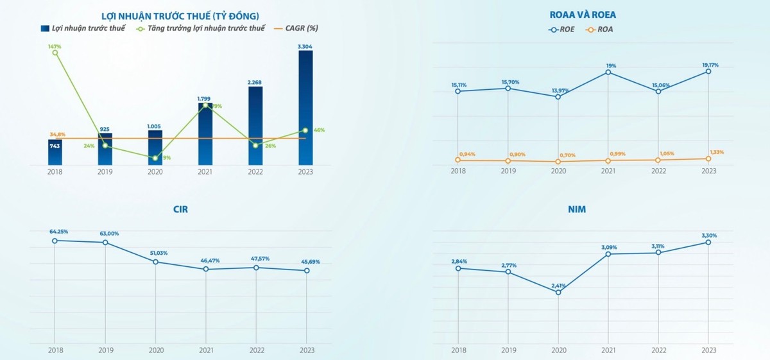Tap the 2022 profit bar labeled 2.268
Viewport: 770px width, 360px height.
(255, 125)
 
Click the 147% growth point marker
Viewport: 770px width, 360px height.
(55, 53)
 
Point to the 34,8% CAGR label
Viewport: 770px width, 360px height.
(58, 133)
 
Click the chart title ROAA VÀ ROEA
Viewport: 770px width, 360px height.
(583, 14)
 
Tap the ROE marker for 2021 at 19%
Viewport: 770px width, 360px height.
(608, 72)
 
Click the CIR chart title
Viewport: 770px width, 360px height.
(181, 209)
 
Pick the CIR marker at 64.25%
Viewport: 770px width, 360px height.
(55, 241)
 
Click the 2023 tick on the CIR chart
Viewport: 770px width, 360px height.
(306, 350)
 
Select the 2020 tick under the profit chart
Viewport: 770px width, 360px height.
(155, 172)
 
